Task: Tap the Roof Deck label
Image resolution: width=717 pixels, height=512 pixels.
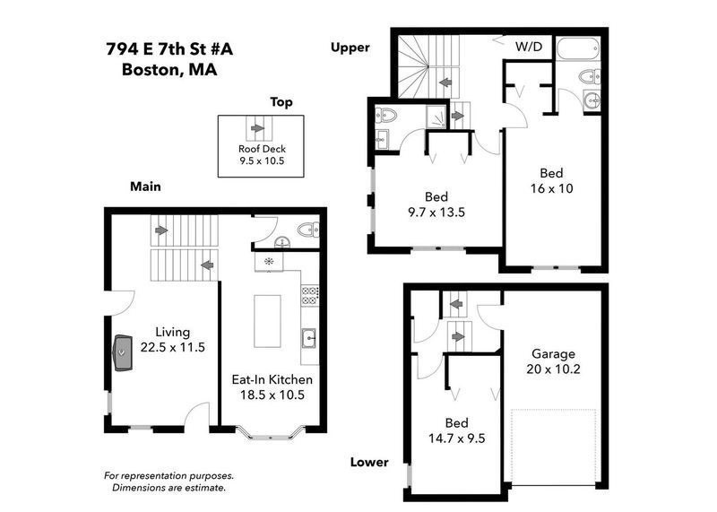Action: coord(259,149)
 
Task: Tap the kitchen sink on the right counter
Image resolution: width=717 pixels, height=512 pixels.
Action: coord(307,339)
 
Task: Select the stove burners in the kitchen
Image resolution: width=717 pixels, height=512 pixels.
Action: coord(311,293)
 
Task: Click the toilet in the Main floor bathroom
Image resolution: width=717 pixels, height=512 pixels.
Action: coord(305,229)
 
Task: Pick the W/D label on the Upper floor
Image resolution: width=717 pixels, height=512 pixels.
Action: coord(528,46)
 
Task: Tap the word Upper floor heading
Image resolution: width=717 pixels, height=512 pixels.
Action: coord(350,48)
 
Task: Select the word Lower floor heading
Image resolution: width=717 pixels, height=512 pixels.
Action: coord(369,463)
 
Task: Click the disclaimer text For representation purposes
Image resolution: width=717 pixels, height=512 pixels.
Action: coord(168,475)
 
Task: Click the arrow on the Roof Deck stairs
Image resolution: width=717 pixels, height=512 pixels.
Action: coord(258,128)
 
